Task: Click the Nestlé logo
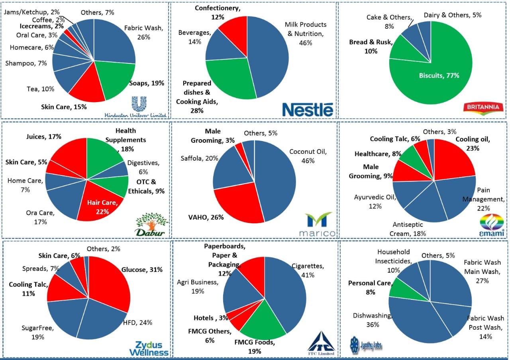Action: point(307,109)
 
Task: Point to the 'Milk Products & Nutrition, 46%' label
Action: point(305,33)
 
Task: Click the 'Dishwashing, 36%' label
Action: point(372,320)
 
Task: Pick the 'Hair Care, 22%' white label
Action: point(102,207)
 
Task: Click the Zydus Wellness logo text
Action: point(149,348)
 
